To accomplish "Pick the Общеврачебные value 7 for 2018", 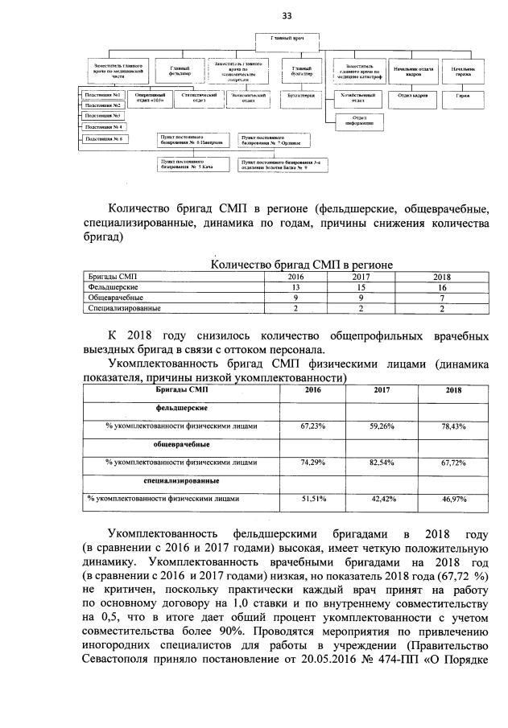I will [441, 298].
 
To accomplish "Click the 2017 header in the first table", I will [361, 277].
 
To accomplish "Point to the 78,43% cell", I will [440, 426].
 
